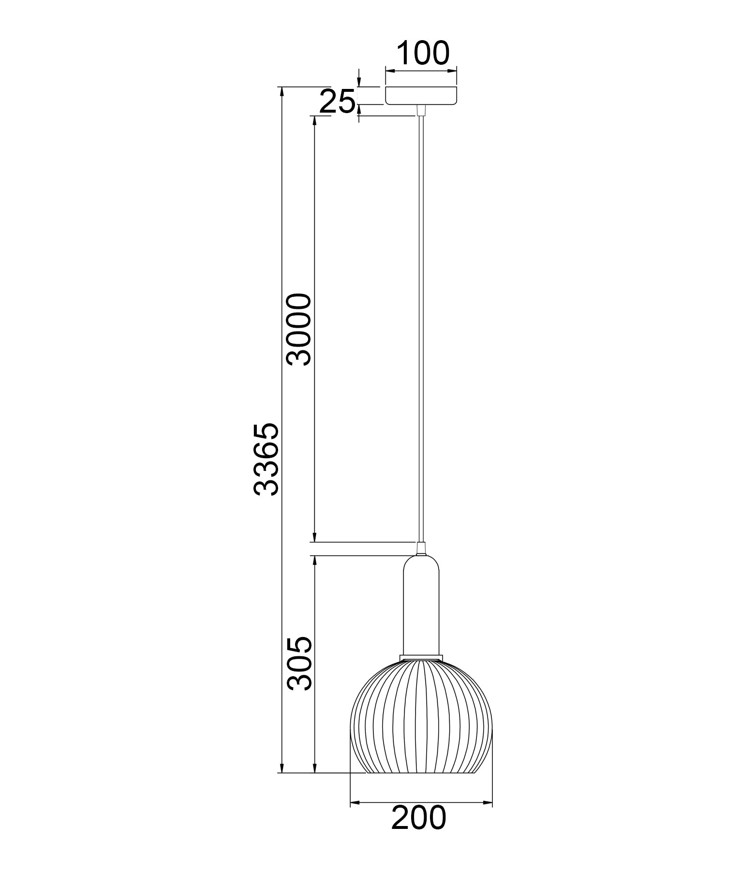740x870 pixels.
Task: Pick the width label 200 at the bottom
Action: pyautogui.click(x=418, y=818)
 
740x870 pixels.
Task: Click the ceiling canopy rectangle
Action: pyautogui.click(x=421, y=95)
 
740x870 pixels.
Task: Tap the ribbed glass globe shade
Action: pyautogui.click(x=421, y=725)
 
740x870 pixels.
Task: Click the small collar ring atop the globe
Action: pyautogui.click(x=421, y=657)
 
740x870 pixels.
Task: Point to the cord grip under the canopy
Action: pyautogui.click(x=421, y=110)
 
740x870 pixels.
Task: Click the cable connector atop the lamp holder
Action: pyautogui.click(x=421, y=549)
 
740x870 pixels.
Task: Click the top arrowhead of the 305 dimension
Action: pyautogui.click(x=314, y=559)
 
